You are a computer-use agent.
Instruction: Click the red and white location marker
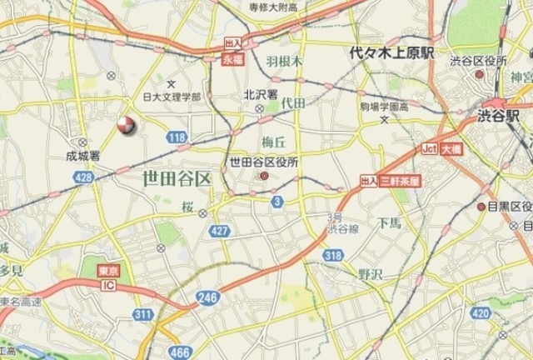126,126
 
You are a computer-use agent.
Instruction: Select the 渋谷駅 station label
500,117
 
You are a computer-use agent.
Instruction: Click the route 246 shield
208,296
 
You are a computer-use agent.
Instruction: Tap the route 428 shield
82,177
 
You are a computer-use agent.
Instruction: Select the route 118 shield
177,137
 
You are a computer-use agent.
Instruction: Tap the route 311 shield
142,314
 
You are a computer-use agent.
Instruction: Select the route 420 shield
481,313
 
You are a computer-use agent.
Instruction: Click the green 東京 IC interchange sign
106,279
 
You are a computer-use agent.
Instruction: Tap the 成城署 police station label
83,155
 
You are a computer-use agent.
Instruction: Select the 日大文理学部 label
172,97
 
